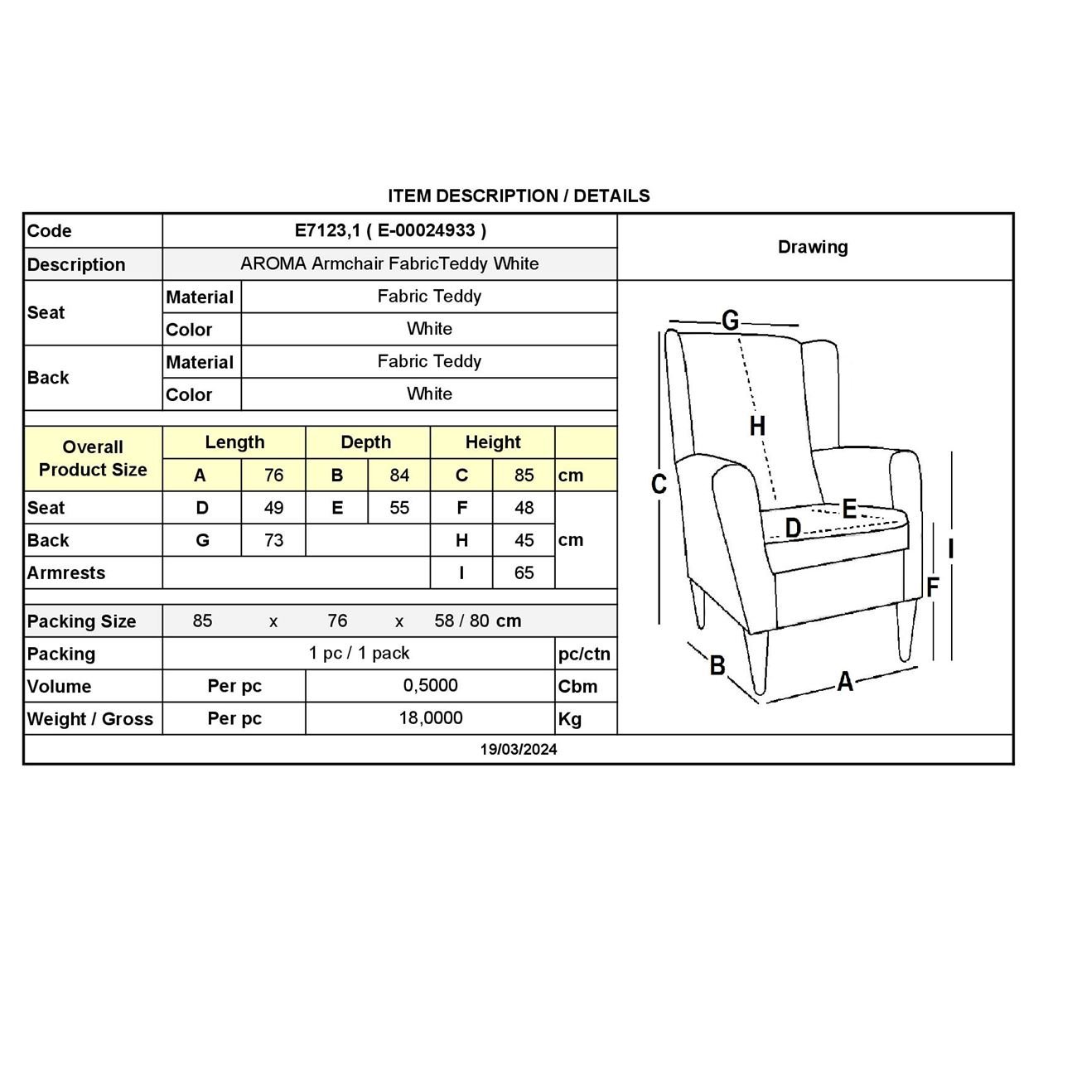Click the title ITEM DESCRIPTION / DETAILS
coord(519,196)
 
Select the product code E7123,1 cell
coord(390,231)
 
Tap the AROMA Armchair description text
coord(389,263)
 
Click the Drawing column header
coord(813,247)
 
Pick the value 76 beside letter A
coord(273,476)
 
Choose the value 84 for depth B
coord(399,476)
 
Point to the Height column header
coord(493,442)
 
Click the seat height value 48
coord(524,508)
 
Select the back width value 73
coord(273,540)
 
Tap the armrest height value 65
coord(524,572)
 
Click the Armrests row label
coord(66,572)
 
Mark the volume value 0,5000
coord(430,686)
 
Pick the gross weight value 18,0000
coord(430,718)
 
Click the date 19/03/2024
coord(519,750)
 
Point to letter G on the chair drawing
coord(730,320)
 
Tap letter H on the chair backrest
coord(757,426)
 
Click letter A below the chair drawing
coord(844,682)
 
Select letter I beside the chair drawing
coord(951,548)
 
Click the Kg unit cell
coord(570,719)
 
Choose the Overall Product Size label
coord(93,458)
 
